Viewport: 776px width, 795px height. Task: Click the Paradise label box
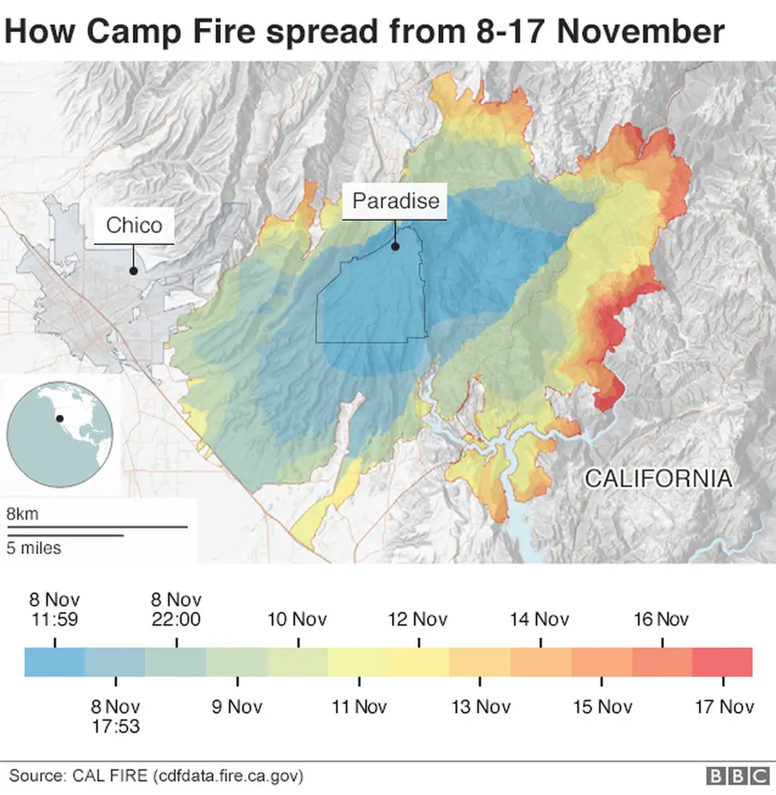tap(395, 201)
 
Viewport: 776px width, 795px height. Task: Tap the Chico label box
tap(134, 225)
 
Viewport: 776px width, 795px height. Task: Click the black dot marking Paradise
tap(394, 246)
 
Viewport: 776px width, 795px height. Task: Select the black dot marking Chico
tap(134, 271)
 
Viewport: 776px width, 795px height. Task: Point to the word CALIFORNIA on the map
tap(658, 479)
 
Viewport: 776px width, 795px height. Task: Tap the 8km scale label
tap(22, 514)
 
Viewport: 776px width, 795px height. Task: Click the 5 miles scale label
tap(34, 548)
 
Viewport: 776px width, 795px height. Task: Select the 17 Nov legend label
tap(724, 707)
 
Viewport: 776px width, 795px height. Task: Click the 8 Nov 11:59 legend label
tap(54, 610)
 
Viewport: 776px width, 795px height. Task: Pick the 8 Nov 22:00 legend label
tap(176, 610)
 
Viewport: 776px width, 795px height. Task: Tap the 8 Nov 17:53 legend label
tap(115, 715)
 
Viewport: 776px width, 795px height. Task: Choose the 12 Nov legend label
tap(418, 619)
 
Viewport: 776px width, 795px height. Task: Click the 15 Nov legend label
tap(603, 707)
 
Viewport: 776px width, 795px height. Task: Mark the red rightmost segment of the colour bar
tap(722, 661)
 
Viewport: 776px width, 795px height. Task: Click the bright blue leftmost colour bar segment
tap(54, 661)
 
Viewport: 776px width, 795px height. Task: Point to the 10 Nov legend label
tap(297, 619)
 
